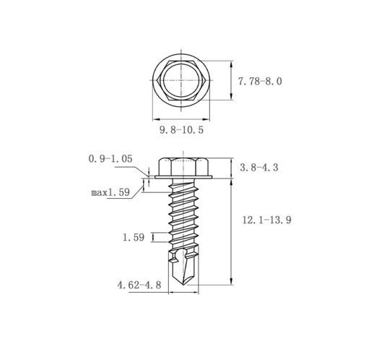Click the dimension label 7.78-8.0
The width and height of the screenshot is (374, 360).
[x=260, y=82]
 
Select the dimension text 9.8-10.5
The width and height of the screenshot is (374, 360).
[x=182, y=130]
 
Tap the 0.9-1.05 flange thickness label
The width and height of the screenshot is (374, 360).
[x=110, y=159]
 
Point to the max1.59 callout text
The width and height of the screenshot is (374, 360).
[x=110, y=192]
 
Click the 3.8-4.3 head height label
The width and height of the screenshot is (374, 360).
[x=259, y=168]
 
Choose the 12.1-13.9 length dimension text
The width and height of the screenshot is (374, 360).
[x=266, y=220]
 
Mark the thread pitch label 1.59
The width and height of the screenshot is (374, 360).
[x=134, y=238]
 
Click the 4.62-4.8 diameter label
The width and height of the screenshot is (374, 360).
[x=139, y=285]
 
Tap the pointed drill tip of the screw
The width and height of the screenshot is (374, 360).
[x=183, y=285]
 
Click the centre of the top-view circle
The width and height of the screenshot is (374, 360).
[x=181, y=80]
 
